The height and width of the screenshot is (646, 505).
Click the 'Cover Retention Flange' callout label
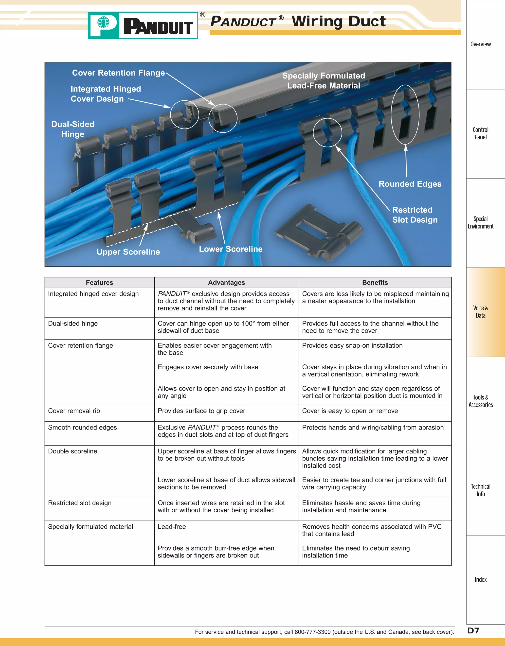pos(118,73)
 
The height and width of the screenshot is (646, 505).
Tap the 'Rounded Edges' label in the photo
pos(410,184)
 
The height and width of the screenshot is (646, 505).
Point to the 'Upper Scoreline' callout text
pos(128,252)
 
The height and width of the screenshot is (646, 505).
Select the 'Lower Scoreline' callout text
pos(231,249)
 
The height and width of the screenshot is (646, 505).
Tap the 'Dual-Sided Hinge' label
pos(73,129)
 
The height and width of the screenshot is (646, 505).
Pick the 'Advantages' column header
pos(226,283)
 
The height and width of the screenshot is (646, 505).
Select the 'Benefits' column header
pos(375,283)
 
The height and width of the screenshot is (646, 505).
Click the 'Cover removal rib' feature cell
pos(74,411)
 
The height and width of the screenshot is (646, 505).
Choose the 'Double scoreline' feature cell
pos(72,451)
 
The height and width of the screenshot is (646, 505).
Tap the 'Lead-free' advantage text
pos(172,526)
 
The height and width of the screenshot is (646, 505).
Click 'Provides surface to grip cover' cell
pos(201,411)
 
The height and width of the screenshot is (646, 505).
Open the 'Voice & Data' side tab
pos(480,312)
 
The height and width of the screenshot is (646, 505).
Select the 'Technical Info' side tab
pos(480,490)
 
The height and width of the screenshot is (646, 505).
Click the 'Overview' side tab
pos(480,44)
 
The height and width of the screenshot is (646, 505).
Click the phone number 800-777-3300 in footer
pos(312,632)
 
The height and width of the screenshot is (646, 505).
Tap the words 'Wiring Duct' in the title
pos(339,21)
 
